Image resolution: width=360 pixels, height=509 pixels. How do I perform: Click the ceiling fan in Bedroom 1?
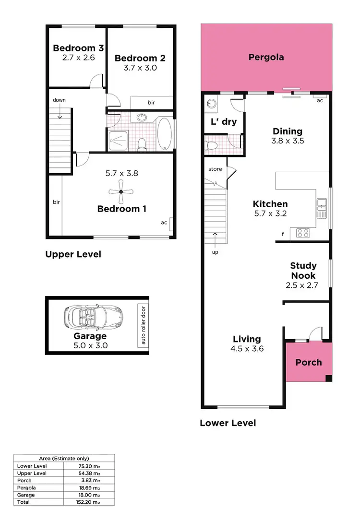121,191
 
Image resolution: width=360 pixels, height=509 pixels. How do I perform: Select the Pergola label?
266,57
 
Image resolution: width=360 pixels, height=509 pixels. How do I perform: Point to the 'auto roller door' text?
142,325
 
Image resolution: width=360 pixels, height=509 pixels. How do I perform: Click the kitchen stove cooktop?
302,233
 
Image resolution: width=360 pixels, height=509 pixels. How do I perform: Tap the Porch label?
308,362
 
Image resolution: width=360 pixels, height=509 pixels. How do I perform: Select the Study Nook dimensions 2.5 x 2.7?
303,285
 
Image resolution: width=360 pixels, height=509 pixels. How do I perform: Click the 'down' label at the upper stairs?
60,100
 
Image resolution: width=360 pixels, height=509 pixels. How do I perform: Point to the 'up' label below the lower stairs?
215,252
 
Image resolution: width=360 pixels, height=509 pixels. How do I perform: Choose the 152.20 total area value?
90,502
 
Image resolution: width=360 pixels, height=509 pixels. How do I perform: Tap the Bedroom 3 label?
78,48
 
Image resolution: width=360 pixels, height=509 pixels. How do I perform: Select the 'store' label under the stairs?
215,169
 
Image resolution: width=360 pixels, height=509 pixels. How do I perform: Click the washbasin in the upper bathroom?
142,117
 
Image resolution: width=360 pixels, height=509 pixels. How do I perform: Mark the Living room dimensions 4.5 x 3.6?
247,349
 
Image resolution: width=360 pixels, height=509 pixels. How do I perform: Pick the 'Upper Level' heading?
73,254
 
